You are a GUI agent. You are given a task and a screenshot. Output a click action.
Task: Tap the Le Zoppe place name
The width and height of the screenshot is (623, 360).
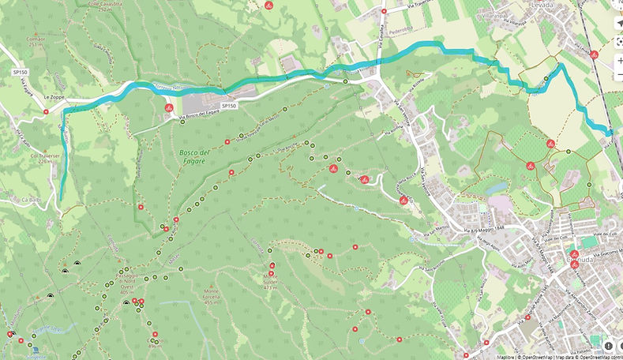(x=58, y=97)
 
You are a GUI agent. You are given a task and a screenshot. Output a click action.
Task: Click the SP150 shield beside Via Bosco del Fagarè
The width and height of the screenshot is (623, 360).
(x=229, y=105)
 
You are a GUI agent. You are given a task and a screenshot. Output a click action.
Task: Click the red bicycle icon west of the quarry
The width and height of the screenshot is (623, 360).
(x=169, y=107)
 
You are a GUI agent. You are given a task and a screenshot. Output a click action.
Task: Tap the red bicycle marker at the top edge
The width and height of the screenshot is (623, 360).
(x=268, y=6)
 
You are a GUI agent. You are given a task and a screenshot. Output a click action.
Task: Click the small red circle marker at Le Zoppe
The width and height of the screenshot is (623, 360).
(x=46, y=111)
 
